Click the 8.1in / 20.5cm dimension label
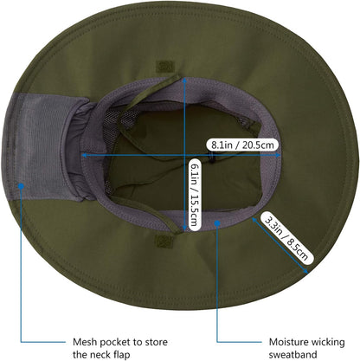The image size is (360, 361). (242, 145)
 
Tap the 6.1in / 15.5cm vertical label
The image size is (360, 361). (195, 195)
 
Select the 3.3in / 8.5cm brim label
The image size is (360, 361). (286, 238)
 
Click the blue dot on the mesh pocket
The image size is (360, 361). (21, 186)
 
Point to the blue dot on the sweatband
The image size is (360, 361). (218, 222)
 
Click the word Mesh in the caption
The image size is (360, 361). (84, 342)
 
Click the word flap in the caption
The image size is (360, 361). (120, 354)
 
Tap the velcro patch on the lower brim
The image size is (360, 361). (164, 241)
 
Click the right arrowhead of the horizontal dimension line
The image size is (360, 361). (278, 155)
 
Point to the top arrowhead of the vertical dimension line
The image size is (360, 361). (184, 81)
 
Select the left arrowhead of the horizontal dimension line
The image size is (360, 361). (84, 155)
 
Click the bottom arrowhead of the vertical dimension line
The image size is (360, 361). (184, 229)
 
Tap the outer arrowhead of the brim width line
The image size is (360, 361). (305, 271)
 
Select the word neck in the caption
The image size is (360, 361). (100, 354)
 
